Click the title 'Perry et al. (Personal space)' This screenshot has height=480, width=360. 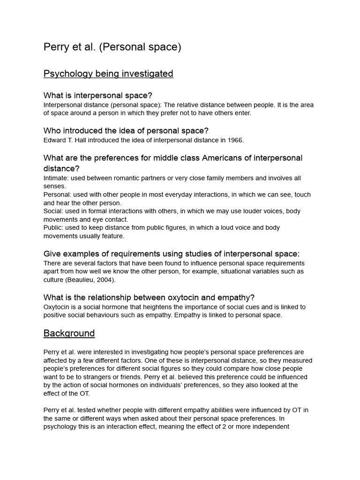coord(112,47)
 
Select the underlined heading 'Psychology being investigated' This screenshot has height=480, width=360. coord(108,74)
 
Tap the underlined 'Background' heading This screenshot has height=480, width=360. coord(69,333)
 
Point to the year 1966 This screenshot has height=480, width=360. coord(235,140)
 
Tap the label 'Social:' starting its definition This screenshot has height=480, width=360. coord(53,211)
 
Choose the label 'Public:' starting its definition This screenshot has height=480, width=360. coord(53,227)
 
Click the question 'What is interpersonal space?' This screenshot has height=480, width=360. coord(98,96)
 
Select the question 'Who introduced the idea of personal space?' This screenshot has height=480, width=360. coord(126,131)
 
